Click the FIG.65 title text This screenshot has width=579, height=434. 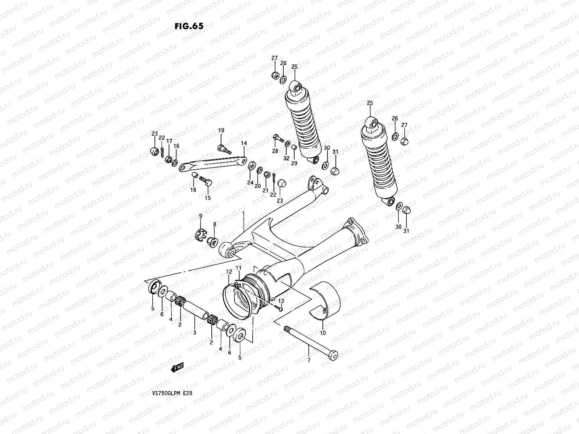pos(189,26)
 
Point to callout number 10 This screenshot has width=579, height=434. pos(323,332)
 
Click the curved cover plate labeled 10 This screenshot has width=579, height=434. pos(327,300)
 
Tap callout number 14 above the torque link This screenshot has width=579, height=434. pos(244,144)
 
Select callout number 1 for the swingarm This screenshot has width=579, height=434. pos(244,214)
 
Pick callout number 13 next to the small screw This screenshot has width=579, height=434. pos(281,301)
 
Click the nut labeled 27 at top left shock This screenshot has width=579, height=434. pos(275,75)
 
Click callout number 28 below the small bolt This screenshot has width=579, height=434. pos(275,151)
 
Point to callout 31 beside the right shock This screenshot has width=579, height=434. pos(406,231)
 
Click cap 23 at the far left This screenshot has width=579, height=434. pos(154,151)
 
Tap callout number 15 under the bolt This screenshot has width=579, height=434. pos(207,198)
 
